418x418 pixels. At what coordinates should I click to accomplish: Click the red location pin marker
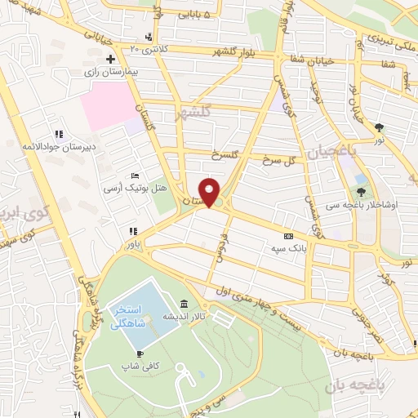211,192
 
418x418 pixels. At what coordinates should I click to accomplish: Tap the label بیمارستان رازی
110,73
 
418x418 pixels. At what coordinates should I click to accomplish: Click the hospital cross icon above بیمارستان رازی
110,59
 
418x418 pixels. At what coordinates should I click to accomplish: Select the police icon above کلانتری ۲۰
147,37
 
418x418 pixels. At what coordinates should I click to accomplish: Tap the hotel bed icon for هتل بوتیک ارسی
136,176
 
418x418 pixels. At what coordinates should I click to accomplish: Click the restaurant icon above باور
133,230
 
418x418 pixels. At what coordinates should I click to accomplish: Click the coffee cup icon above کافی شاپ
140,354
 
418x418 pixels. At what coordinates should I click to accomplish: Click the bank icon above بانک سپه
288,235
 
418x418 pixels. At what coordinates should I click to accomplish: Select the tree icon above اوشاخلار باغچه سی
362,191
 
